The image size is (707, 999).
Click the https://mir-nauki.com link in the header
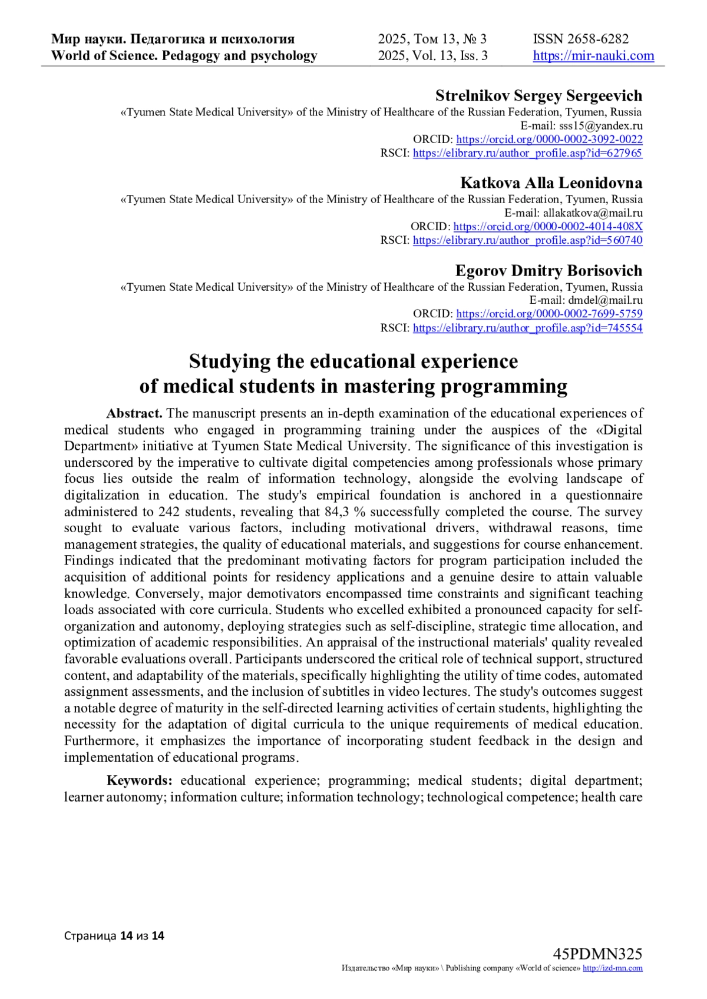pyautogui.click(x=593, y=56)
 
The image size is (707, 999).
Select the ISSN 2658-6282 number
pyautogui.click(x=581, y=39)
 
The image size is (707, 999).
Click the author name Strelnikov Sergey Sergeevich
pyautogui.click(x=538, y=95)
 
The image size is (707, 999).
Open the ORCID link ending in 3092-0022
pyautogui.click(x=549, y=140)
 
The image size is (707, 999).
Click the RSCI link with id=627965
pyautogui.click(x=527, y=153)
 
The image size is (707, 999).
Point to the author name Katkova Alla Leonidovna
pyautogui.click(x=551, y=182)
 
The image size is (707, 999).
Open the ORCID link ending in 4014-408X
pyautogui.click(x=548, y=227)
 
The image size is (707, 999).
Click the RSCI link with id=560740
pyautogui.click(x=527, y=240)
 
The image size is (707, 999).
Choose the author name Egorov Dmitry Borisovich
pyautogui.click(x=549, y=271)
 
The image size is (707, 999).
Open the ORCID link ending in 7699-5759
pyautogui.click(x=549, y=314)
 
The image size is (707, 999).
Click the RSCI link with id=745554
pyautogui.click(x=527, y=328)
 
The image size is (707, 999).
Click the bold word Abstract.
pyautogui.click(x=134, y=413)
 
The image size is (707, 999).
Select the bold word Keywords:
pyautogui.click(x=139, y=781)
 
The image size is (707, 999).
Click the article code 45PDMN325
pyautogui.click(x=597, y=954)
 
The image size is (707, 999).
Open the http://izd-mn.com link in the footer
pyautogui.click(x=612, y=968)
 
